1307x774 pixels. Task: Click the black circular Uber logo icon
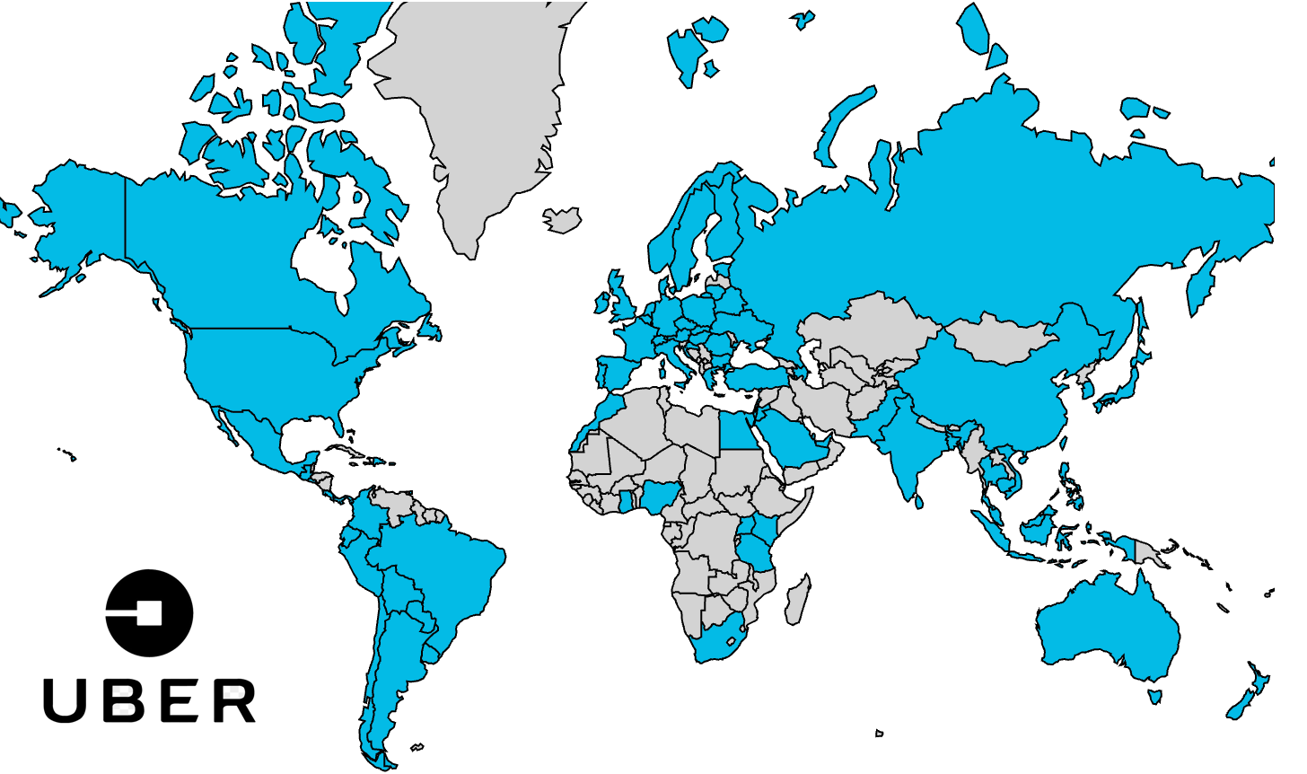(149, 612)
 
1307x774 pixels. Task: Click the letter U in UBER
(68, 700)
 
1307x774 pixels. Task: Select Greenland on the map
(476, 117)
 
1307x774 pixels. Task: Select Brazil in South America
(440, 575)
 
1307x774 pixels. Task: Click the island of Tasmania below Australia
(1155, 696)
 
